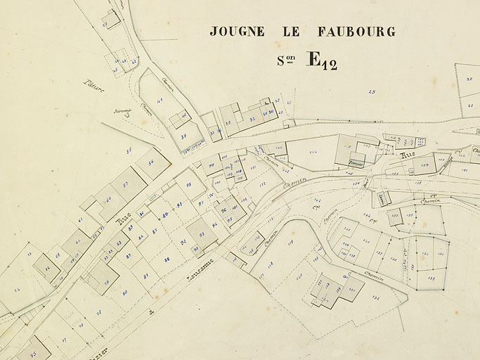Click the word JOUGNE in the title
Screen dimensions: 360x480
tap(237, 32)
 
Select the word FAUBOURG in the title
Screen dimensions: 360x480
tap(356, 32)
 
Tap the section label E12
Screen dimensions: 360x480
tap(321, 60)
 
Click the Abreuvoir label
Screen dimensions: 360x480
tap(122, 112)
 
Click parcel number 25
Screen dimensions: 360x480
tap(371, 92)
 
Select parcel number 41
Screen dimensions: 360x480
tap(160, 101)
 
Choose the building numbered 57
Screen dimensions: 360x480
tap(125, 185)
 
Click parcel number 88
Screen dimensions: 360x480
tap(167, 259)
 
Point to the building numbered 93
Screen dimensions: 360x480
tap(202, 234)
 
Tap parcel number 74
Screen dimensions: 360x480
tap(16, 290)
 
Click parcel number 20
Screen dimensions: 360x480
tap(469, 79)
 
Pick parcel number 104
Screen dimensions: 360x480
tap(313, 152)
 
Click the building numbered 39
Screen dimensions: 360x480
tap(183, 136)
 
